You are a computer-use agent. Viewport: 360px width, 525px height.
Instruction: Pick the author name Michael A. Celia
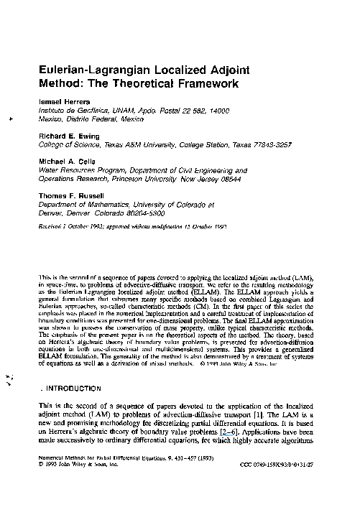(67, 162)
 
